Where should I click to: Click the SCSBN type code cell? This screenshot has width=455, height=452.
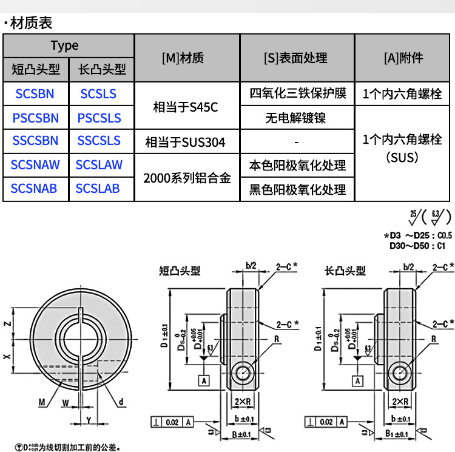(x=36, y=93)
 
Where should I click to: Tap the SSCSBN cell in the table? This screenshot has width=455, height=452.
(x=36, y=141)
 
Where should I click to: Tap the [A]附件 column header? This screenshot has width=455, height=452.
(x=403, y=58)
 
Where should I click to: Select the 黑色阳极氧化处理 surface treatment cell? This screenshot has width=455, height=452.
(x=297, y=190)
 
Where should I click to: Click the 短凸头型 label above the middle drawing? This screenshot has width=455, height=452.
(x=179, y=271)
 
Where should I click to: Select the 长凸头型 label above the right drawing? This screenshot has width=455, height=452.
(x=345, y=271)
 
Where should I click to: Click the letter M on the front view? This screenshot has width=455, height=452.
(x=41, y=402)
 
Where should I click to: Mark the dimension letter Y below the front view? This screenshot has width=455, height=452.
(x=89, y=420)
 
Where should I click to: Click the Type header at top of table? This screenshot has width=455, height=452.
(x=65, y=46)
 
